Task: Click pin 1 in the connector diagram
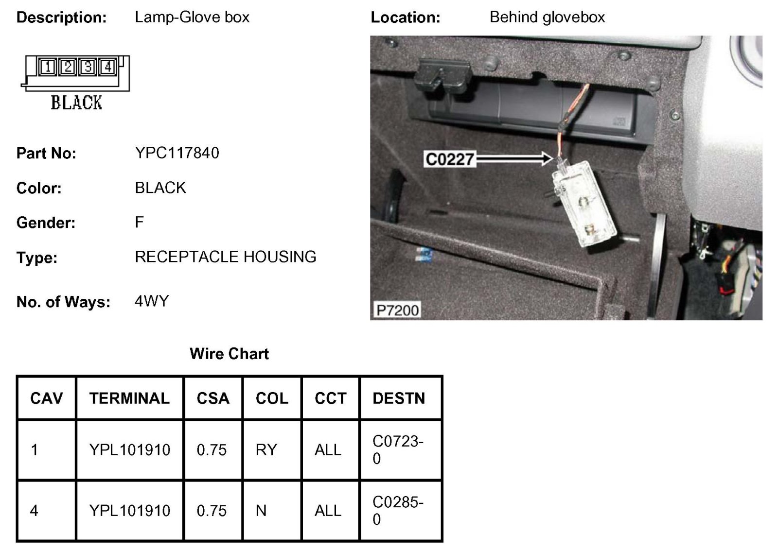[x=48, y=67]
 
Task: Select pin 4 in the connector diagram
[x=108, y=67]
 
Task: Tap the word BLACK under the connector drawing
[x=76, y=103]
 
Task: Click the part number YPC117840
[x=177, y=153]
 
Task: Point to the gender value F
[x=139, y=223]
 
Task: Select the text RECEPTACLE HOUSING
[x=226, y=257]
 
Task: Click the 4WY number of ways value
[x=152, y=301]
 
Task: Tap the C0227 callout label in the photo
[x=449, y=159]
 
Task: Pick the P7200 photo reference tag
[x=397, y=310]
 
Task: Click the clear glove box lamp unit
[x=584, y=204]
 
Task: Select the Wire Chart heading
[x=229, y=354]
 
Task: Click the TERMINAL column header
[x=129, y=398]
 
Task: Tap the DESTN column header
[x=399, y=398]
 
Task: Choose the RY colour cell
[x=266, y=450]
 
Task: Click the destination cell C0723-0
[x=398, y=450]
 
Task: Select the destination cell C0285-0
[x=398, y=511]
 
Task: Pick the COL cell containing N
[x=261, y=511]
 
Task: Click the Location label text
[x=405, y=17]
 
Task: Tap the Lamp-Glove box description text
[x=192, y=17]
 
